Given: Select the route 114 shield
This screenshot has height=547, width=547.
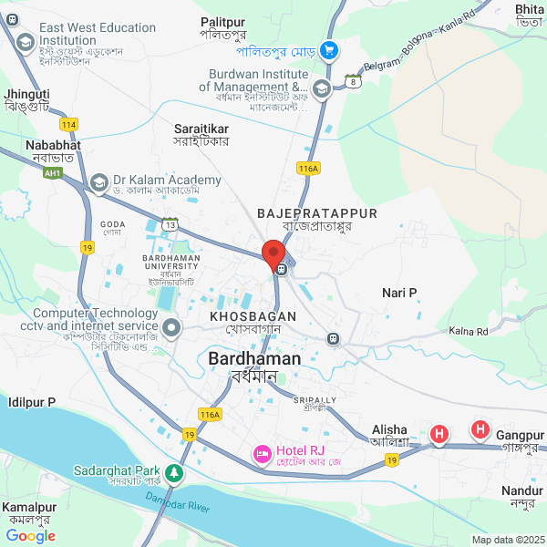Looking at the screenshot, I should pyautogui.click(x=68, y=123).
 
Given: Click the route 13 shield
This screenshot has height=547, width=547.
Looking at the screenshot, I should pyautogui.click(x=170, y=223).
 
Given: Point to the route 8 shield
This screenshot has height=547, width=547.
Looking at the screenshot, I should pyautogui.click(x=352, y=82).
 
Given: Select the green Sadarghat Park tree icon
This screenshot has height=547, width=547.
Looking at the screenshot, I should pyautogui.click(x=172, y=474).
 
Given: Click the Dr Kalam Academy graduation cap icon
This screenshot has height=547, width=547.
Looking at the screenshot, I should pyautogui.click(x=98, y=182).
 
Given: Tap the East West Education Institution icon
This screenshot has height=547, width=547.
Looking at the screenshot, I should pyautogui.click(x=25, y=41).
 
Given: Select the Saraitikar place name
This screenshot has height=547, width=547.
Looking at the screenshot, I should pyautogui.click(x=201, y=129).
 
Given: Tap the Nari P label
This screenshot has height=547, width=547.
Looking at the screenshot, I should pyautogui.click(x=399, y=293).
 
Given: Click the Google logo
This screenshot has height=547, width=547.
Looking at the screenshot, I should pyautogui.click(x=31, y=535).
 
